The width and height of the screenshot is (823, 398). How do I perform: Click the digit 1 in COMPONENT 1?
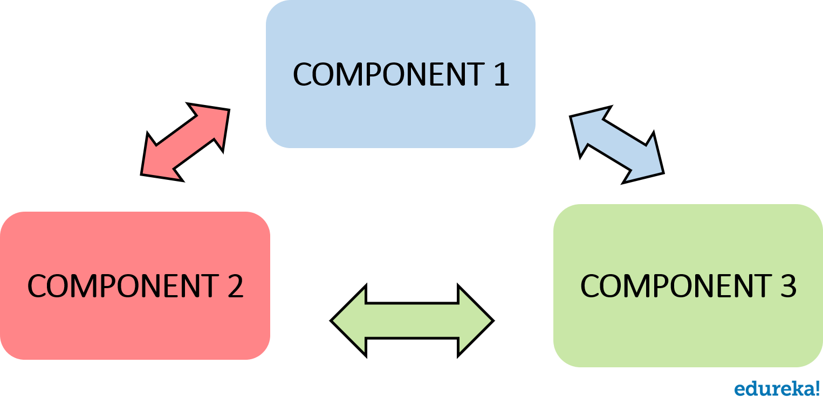(x=501, y=74)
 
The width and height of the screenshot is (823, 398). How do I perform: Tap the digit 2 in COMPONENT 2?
(x=235, y=286)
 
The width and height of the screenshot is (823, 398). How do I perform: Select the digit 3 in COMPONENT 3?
(x=788, y=286)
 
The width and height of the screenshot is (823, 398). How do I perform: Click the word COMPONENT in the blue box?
(x=388, y=74)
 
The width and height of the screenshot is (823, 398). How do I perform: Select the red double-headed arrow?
(x=185, y=142)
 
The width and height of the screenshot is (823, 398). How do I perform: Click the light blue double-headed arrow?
(x=617, y=144)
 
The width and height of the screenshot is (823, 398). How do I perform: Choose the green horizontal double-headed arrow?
(x=412, y=321)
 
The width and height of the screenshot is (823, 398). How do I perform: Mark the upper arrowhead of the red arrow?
(x=214, y=121)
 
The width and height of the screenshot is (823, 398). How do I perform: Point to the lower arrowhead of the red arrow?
(x=157, y=163)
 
